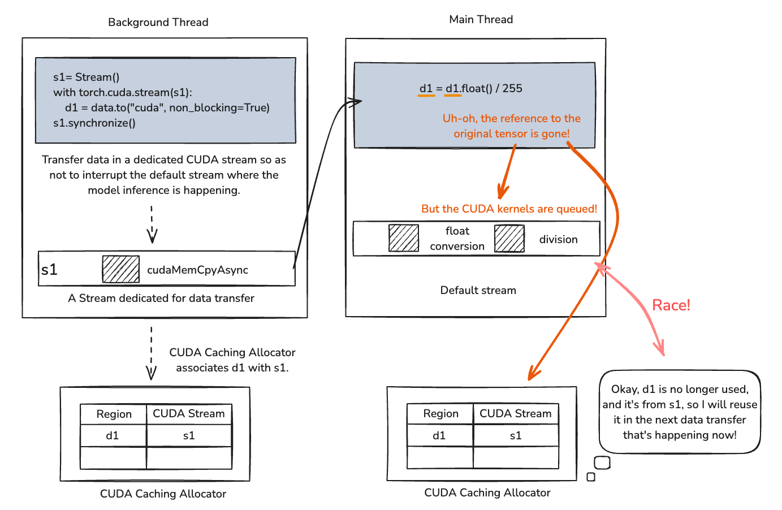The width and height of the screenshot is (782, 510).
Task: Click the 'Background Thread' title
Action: click(158, 22)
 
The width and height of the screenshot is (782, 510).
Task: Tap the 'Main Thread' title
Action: click(481, 19)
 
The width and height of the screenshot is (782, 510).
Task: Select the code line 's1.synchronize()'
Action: click(94, 123)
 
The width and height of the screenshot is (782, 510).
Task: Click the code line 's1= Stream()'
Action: click(86, 77)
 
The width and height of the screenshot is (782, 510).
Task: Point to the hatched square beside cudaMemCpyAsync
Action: click(121, 269)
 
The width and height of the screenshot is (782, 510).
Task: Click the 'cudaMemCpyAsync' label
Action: click(197, 270)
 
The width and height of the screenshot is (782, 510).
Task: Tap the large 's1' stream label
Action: click(50, 269)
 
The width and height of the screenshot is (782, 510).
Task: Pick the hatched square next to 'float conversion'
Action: click(404, 238)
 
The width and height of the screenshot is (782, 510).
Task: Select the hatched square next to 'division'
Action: click(509, 238)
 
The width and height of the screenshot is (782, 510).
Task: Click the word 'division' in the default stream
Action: click(558, 239)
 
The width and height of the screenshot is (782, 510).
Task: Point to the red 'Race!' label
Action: click(671, 305)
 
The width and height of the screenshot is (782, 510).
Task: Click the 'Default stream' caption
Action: click(478, 290)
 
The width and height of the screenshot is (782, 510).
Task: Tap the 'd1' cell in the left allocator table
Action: click(113, 435)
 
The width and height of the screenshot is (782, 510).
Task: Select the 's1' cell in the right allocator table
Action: click(516, 435)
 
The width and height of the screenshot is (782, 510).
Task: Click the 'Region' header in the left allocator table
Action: click(114, 414)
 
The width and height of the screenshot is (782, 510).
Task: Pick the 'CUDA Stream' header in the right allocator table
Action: click(516, 413)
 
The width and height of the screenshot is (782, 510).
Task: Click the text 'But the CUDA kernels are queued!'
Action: click(509, 209)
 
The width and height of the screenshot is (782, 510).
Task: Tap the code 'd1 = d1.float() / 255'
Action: click(470, 88)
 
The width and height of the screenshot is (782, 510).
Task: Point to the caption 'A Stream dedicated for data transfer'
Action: click(161, 298)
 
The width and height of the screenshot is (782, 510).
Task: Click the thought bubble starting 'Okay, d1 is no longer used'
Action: click(680, 412)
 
